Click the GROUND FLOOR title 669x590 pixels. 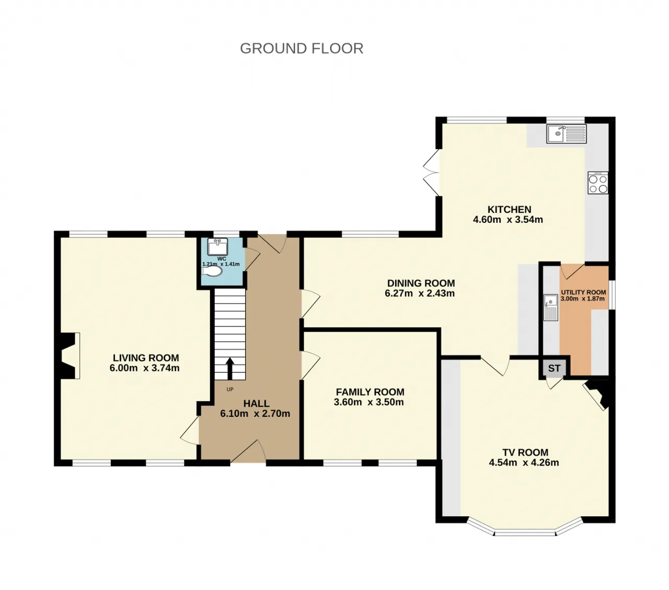(302, 49)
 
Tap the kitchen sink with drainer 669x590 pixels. (566, 133)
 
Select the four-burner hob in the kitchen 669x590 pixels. (598, 183)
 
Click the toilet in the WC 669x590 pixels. (211, 271)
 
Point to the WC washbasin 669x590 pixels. (217, 247)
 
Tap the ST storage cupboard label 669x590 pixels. (554, 368)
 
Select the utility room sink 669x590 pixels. (551, 307)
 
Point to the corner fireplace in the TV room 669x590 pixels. (598, 394)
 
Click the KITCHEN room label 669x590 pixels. (509, 209)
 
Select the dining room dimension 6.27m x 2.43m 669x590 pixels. (419, 293)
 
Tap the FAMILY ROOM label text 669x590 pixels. (370, 392)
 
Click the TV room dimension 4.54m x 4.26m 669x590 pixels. (524, 462)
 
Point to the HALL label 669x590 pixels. (256, 404)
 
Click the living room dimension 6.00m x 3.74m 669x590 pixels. (145, 368)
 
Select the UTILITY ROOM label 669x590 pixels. (583, 292)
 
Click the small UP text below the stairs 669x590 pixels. (230, 389)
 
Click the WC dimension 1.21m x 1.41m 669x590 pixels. (221, 264)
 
